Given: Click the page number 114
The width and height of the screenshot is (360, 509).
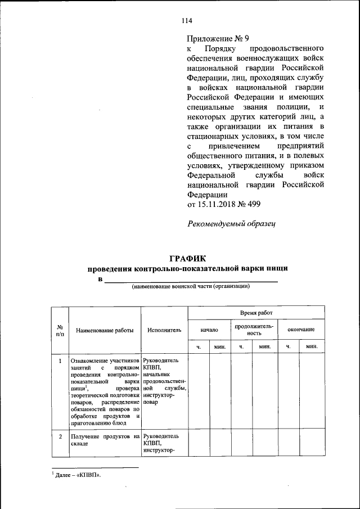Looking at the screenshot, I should tap(187, 21).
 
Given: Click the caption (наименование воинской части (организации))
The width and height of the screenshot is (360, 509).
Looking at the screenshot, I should tap(191, 286).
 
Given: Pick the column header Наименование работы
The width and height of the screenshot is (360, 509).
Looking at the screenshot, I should tap(105, 330).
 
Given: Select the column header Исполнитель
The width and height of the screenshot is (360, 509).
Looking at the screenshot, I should tap(164, 330).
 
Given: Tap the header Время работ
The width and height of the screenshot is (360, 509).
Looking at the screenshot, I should tap(256, 312).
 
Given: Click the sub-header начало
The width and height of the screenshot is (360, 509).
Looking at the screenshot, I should tap(209, 329).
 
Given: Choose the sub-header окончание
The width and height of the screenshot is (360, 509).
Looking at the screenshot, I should tap(301, 329).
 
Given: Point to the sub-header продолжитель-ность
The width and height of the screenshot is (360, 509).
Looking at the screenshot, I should tap(255, 329).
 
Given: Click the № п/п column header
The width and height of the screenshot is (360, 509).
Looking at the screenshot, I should tap(60, 330).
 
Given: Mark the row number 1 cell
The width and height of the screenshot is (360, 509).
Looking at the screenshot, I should tap(60, 361).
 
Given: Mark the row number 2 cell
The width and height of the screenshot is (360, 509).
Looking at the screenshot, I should tap(60, 436).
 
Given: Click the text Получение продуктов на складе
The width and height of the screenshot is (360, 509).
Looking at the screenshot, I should tap(105, 439).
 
